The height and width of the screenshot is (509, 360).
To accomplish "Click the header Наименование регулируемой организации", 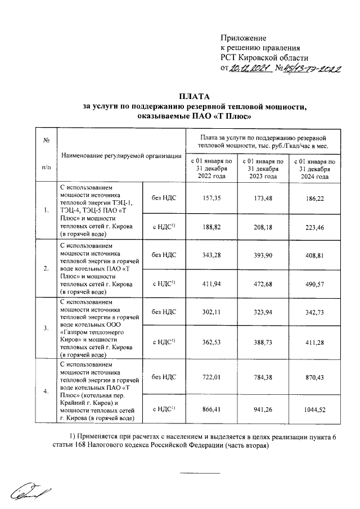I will [x=122, y=155].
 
